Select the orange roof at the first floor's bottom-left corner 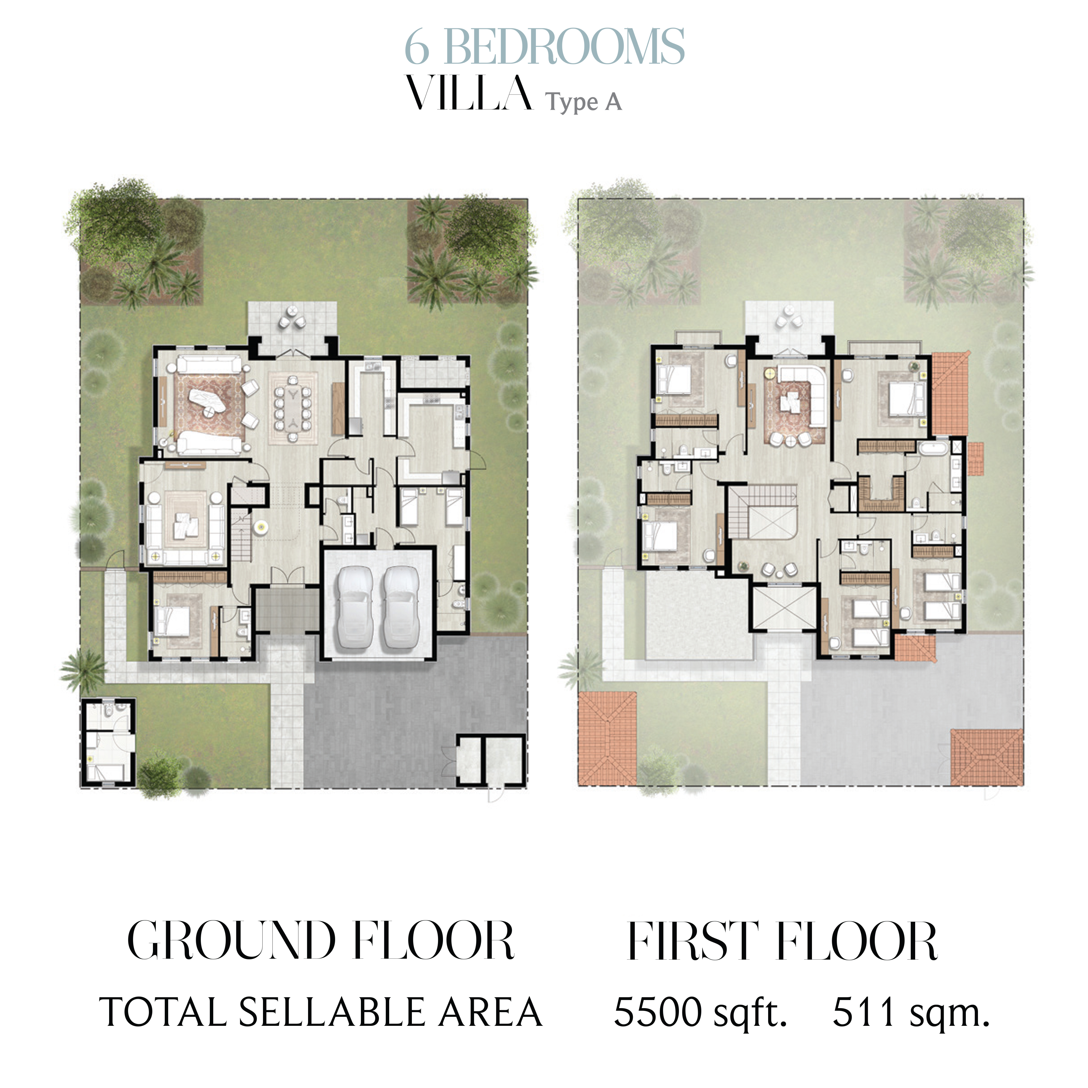(x=607, y=738)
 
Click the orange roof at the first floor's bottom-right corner (x=987, y=757)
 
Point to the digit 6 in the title (x=417, y=48)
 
